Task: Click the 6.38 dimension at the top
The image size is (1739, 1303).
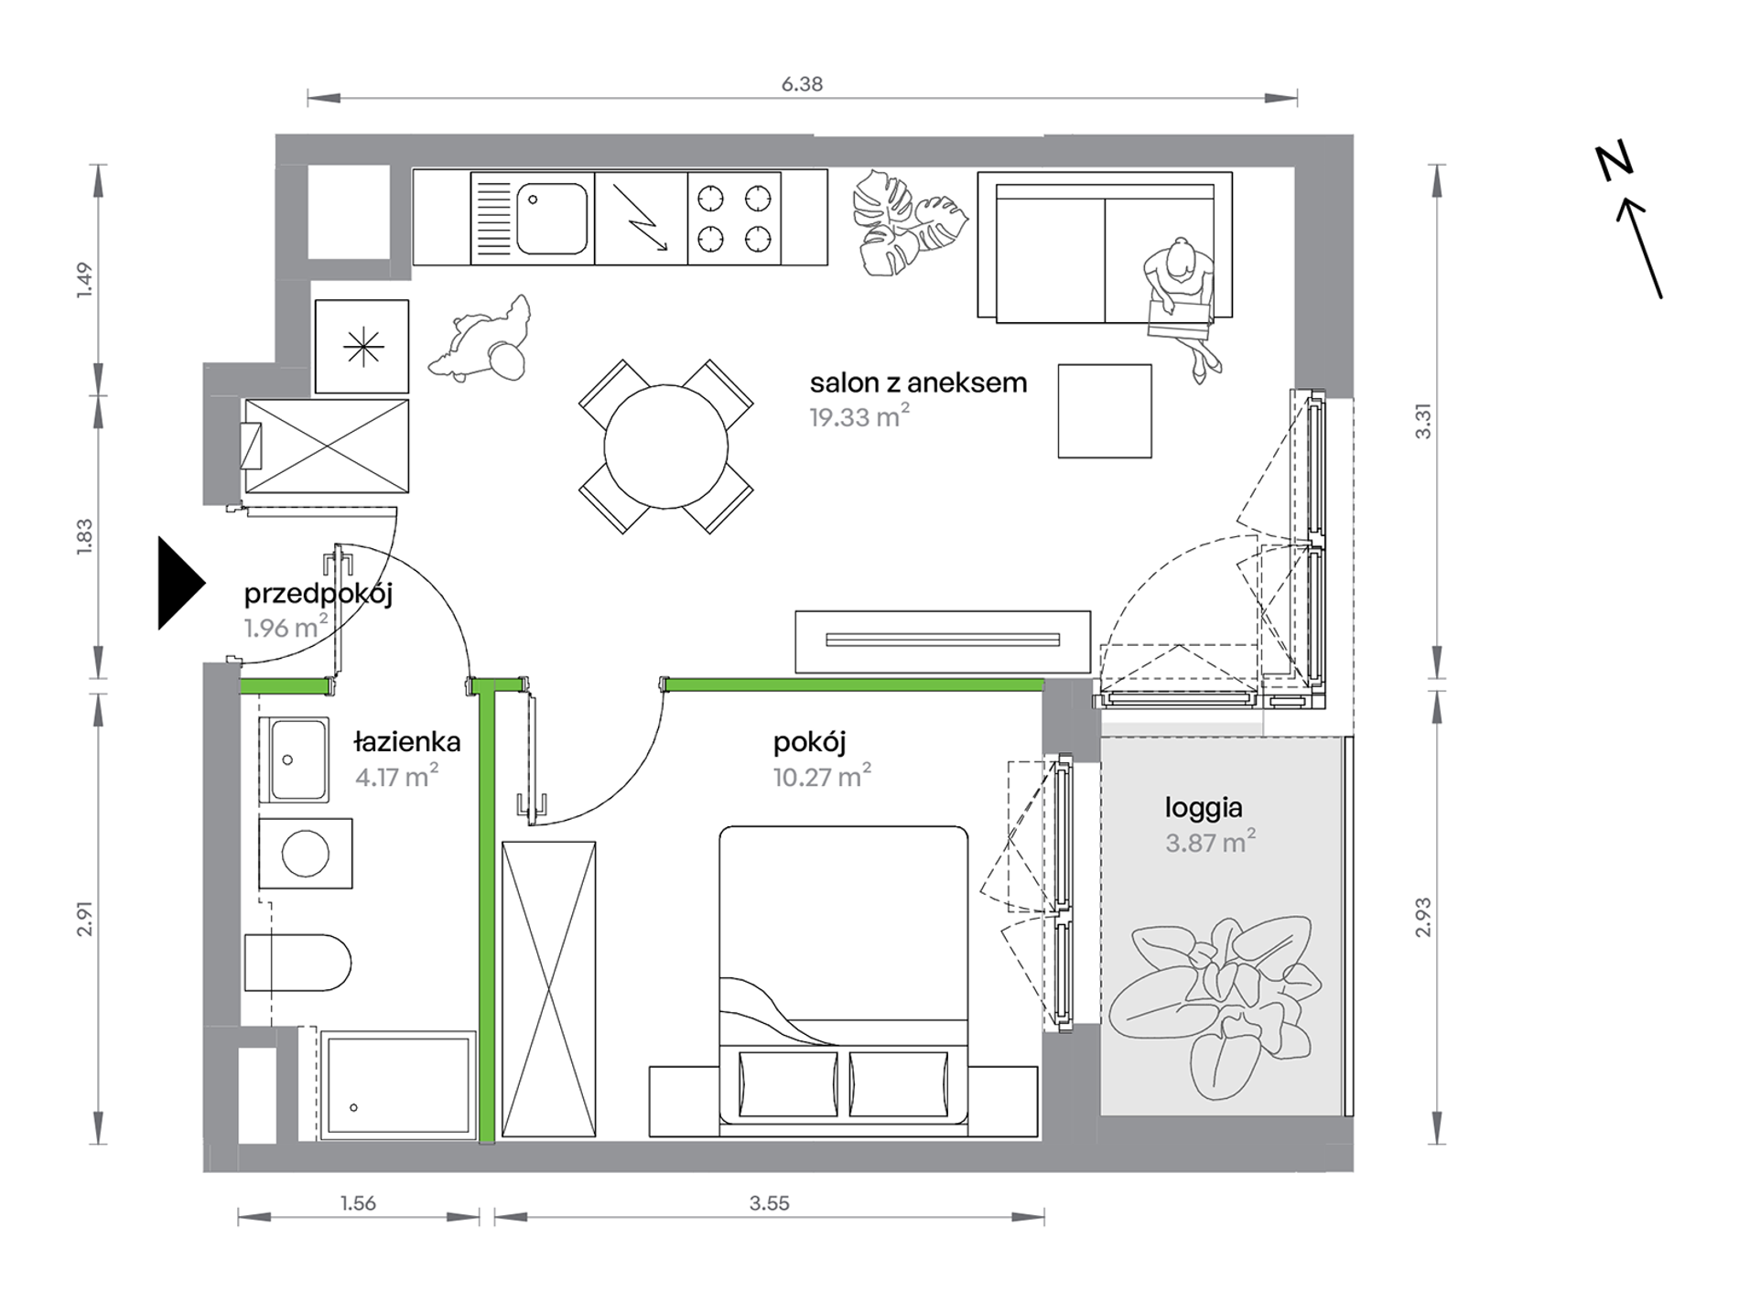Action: tap(802, 84)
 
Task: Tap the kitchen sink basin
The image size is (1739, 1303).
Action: tap(552, 218)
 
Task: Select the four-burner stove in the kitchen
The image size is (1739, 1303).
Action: tap(734, 218)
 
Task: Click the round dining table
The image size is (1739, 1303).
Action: tap(666, 447)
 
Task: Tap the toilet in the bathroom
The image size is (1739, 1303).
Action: tap(297, 963)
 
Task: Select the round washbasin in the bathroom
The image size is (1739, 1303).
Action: tap(306, 853)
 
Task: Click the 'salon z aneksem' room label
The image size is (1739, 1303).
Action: tap(918, 382)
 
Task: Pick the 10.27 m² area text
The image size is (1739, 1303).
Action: tap(821, 777)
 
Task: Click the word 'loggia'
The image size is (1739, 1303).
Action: tap(1204, 808)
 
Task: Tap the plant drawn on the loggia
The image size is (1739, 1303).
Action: tap(1215, 1007)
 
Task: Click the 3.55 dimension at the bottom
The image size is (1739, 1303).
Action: tap(769, 1203)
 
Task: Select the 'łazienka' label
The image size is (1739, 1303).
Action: tap(406, 742)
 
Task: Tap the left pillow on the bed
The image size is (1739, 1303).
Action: tap(788, 1084)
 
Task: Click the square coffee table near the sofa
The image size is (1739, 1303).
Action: tap(1105, 411)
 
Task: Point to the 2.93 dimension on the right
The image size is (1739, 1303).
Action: tap(1422, 917)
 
